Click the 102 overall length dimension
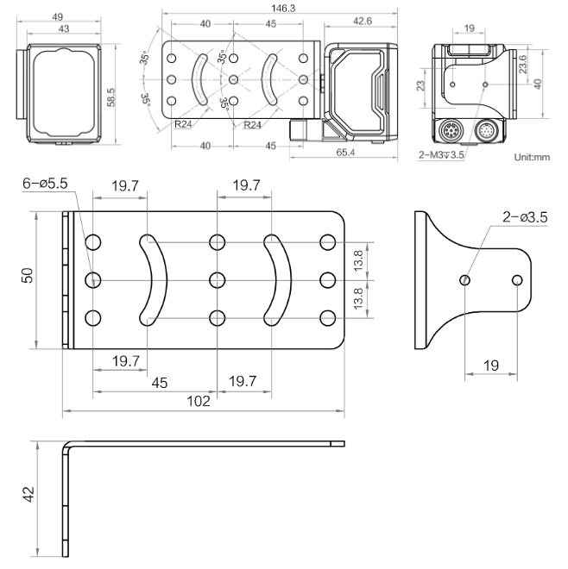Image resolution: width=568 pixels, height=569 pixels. (x=199, y=402)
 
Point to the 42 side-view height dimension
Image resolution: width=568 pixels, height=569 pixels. (x=28, y=497)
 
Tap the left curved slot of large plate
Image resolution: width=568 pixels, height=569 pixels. (x=149, y=279)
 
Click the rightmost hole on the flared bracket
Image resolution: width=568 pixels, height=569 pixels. (x=517, y=280)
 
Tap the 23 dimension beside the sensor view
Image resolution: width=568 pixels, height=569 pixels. (x=420, y=85)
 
